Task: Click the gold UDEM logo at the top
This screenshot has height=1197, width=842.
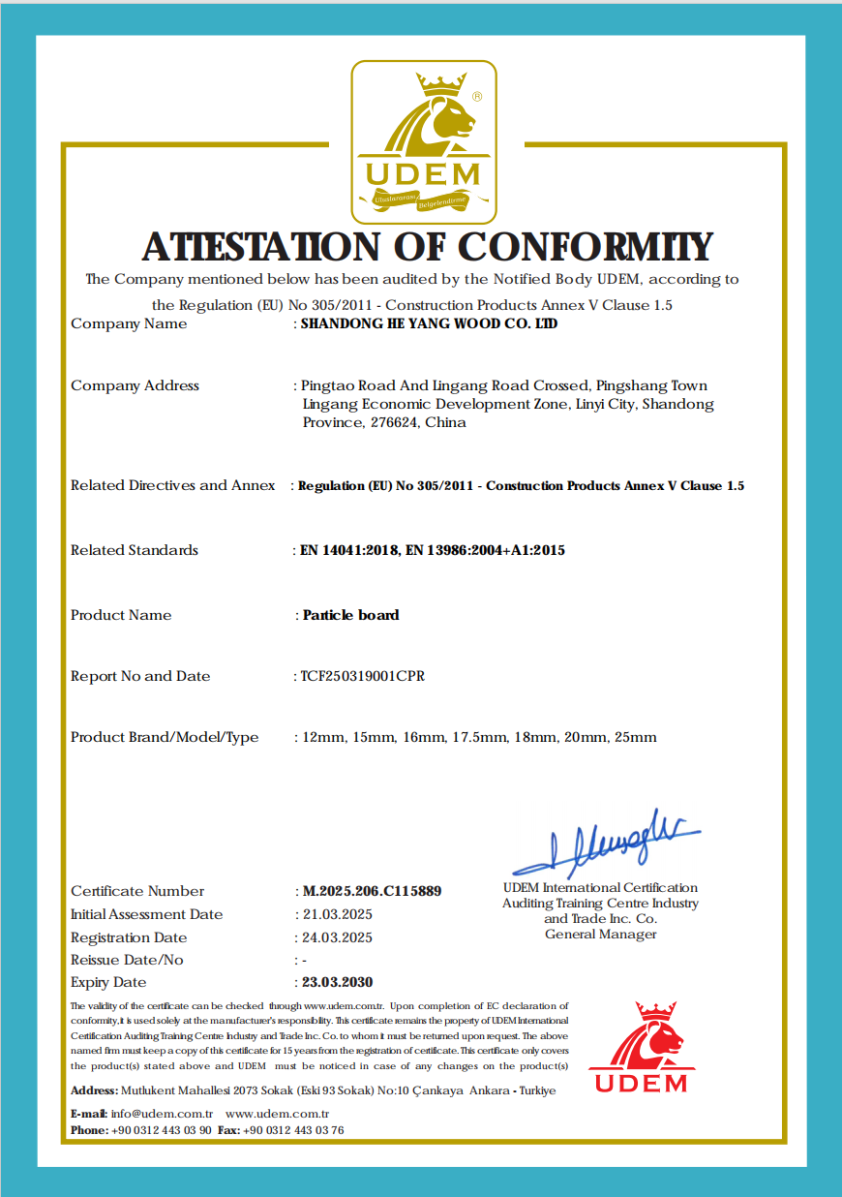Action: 423,141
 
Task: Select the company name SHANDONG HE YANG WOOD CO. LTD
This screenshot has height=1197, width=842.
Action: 429,324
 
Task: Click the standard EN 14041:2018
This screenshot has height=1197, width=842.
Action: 349,550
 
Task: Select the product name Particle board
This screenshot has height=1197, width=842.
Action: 350,615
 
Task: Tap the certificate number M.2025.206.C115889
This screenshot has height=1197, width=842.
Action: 372,891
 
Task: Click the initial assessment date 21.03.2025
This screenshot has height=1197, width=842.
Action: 337,914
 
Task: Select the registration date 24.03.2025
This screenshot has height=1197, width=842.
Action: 337,937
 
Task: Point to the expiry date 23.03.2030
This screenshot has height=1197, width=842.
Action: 337,982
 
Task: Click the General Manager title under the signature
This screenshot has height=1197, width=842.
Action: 600,935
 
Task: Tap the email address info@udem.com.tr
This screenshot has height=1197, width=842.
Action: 162,1114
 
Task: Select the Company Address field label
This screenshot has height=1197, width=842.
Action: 135,385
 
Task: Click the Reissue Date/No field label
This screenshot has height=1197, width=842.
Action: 127,960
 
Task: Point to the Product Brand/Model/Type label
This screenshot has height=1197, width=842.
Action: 165,737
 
